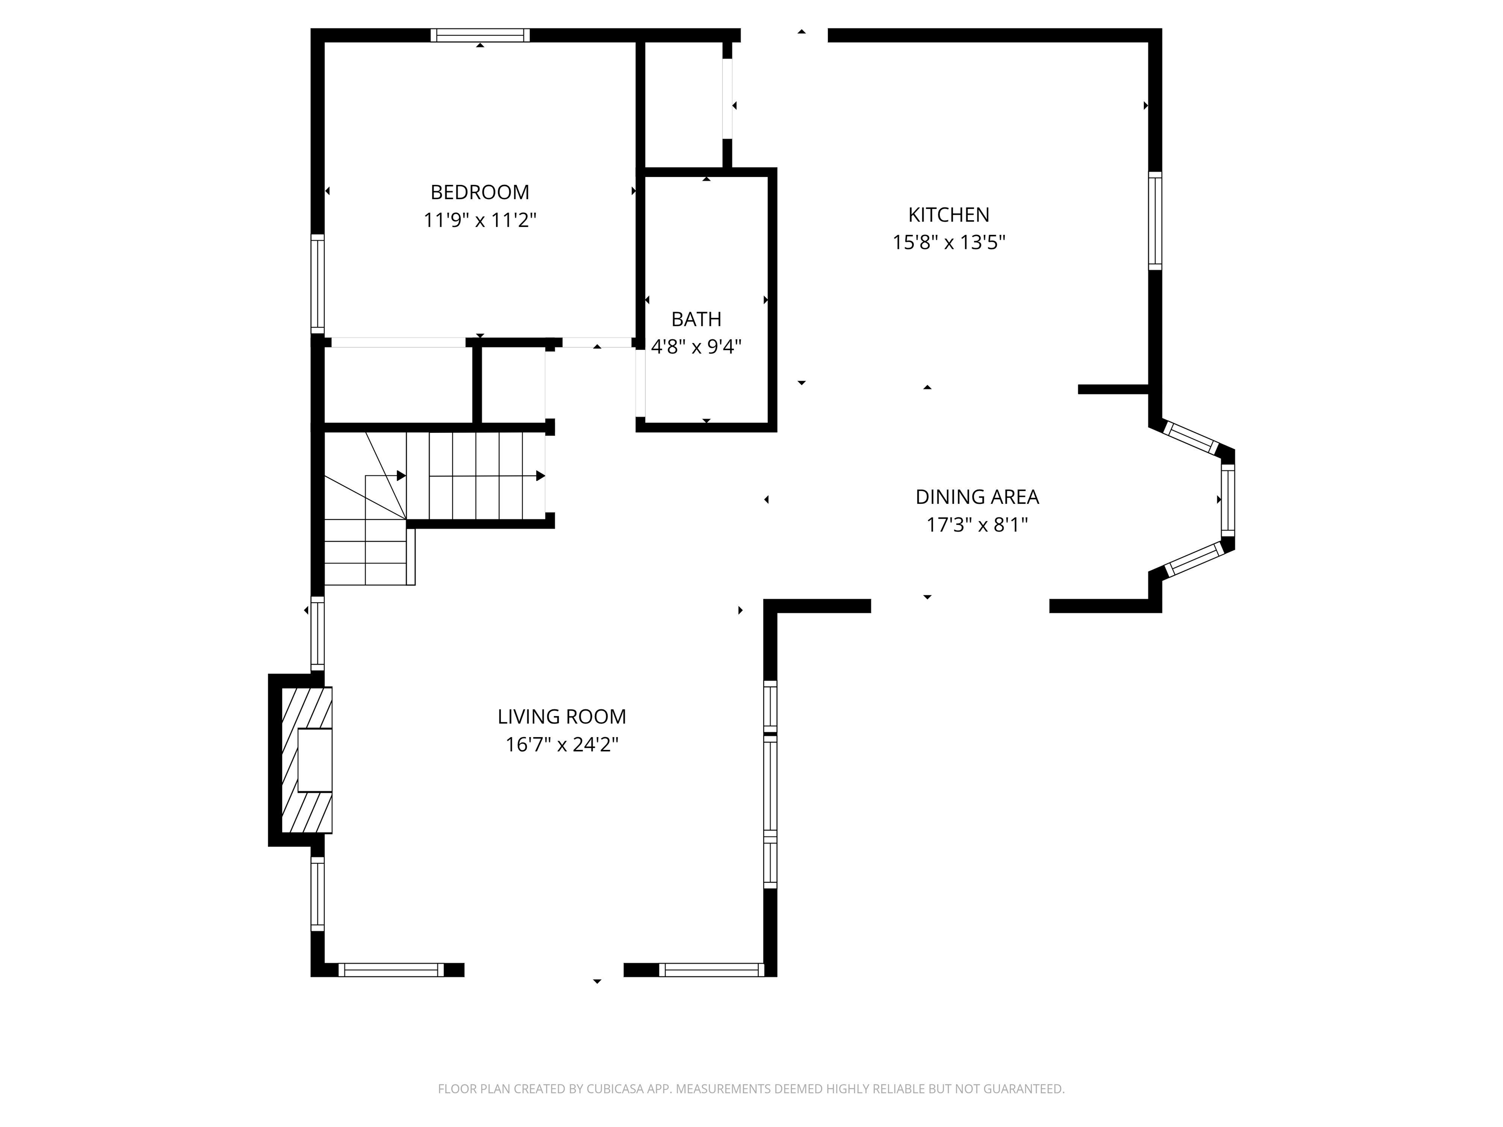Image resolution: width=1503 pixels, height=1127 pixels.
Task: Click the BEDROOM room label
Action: pos(479,192)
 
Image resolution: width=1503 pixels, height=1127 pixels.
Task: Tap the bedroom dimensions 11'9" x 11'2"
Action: pos(479,220)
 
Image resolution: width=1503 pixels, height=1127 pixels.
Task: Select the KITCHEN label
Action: pos(949,215)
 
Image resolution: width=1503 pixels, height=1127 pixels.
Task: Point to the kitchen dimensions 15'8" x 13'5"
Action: pos(949,243)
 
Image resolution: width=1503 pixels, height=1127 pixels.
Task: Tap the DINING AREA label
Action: pos(977,497)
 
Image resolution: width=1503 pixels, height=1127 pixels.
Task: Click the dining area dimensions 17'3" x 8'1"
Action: pos(977,525)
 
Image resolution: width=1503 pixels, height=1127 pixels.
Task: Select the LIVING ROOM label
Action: pos(562,717)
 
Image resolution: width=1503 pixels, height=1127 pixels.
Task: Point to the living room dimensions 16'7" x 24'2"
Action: pos(562,744)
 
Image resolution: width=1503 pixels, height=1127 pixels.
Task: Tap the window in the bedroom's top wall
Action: pos(479,35)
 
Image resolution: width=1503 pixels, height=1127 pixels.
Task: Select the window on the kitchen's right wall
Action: pos(1155,221)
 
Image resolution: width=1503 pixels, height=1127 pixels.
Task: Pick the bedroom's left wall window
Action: pos(318,284)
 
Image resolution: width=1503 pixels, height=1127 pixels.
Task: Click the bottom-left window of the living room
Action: pos(391,970)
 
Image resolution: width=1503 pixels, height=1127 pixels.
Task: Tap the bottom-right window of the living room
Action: pos(711,970)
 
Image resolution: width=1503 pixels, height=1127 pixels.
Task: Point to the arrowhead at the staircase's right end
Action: pos(541,475)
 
